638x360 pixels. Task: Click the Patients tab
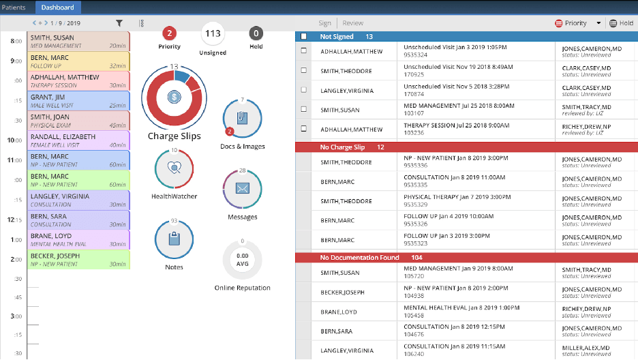[14, 7]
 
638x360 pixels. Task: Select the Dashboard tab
[58, 7]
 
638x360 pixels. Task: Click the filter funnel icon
[119, 23]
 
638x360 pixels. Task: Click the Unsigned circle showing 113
[213, 33]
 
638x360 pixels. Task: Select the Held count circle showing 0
[256, 33]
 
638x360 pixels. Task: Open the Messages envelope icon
[242, 189]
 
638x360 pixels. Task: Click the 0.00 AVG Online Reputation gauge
[242, 260]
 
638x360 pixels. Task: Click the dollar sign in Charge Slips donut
[174, 97]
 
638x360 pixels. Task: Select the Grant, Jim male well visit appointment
[78, 101]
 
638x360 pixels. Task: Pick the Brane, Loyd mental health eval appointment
[78, 239]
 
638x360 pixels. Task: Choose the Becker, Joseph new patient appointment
[78, 259]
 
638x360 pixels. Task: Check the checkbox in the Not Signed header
[303, 37]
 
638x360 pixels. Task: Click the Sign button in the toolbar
[325, 23]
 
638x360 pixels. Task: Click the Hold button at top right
[621, 23]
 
